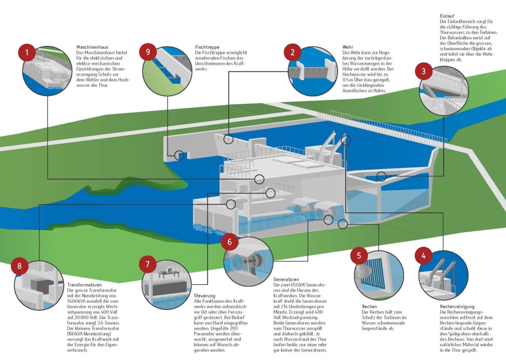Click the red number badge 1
point(27,53)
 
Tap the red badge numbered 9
point(148,52)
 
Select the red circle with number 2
point(292,53)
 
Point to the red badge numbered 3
point(424,71)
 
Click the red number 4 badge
point(424,255)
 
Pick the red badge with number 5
point(359,255)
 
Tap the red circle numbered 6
point(229,242)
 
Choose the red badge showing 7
point(148,264)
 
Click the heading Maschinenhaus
point(90,47)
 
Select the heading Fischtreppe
point(207,47)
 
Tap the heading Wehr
point(347,47)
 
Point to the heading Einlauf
point(447,16)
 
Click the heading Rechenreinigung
point(457,306)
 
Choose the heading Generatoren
point(286,279)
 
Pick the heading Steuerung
point(205,296)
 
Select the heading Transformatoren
point(84,285)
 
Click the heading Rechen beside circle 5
point(369,306)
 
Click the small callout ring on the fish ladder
point(179,155)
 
